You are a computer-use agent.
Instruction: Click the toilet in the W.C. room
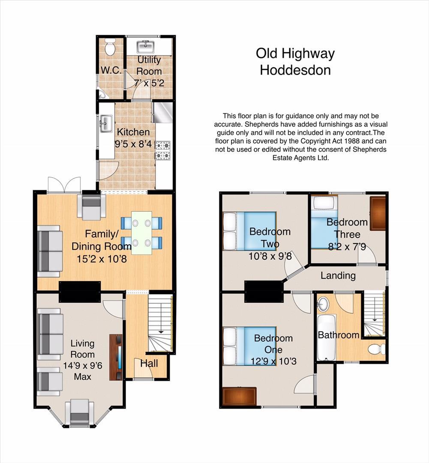(x=110, y=48)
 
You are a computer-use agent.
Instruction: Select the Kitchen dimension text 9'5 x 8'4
(x=133, y=144)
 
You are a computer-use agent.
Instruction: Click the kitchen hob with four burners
(x=163, y=150)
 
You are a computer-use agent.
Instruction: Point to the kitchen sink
(x=105, y=125)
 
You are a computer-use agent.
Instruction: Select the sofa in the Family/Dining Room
(x=50, y=251)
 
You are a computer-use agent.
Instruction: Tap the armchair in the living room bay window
(x=79, y=412)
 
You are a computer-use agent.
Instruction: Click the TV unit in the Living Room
(x=116, y=357)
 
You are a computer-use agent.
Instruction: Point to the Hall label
(x=149, y=364)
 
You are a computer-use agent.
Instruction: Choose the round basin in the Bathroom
(x=323, y=304)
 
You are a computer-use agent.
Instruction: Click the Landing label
(x=338, y=275)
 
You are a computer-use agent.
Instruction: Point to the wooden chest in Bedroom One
(x=239, y=396)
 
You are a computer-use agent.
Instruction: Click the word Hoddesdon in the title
(x=295, y=70)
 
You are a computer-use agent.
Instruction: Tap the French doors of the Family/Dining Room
(x=64, y=185)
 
